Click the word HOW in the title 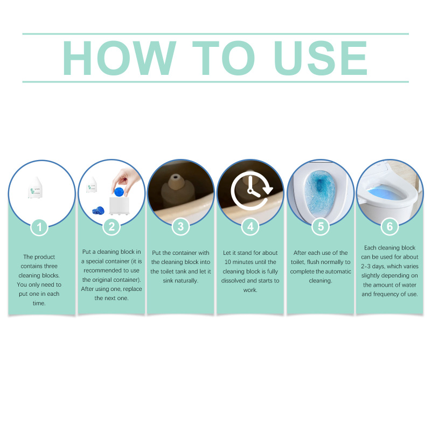point(119,58)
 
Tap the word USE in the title point(321,58)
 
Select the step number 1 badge point(39,227)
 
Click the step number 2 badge point(112,227)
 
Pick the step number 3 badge point(180,227)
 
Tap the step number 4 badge point(250,227)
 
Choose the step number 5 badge point(321,227)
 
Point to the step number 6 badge point(390,227)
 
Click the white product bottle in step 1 point(35,187)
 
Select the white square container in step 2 point(119,205)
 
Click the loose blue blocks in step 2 point(98,211)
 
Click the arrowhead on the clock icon point(267,190)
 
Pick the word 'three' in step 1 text point(50,266)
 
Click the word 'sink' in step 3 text point(169,281)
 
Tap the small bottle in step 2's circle point(91,184)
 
